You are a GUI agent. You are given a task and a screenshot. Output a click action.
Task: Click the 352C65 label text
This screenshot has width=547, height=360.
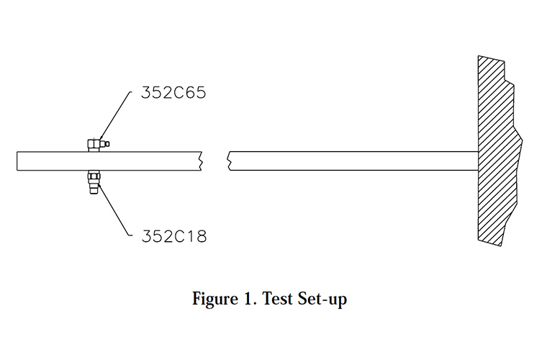(173, 93)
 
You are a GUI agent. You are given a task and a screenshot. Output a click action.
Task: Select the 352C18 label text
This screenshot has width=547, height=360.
(174, 236)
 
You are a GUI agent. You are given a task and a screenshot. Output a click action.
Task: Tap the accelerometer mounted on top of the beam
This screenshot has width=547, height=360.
(99, 145)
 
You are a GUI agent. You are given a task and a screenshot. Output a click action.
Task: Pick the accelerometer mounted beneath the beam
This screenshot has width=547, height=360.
(94, 182)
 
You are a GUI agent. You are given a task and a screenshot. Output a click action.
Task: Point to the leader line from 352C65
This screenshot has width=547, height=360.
(115, 115)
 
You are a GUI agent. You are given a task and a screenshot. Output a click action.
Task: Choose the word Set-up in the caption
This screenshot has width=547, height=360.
(322, 300)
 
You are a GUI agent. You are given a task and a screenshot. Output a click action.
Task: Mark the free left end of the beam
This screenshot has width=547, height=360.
(17, 161)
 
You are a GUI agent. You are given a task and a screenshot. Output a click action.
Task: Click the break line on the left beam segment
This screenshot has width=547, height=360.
(201, 161)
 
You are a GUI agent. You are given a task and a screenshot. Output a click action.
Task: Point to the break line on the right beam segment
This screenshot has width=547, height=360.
(229, 161)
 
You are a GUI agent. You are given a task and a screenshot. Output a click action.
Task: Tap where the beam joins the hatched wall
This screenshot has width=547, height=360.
(478, 161)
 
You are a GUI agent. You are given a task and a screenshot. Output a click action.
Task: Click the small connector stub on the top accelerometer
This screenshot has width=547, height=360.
(107, 143)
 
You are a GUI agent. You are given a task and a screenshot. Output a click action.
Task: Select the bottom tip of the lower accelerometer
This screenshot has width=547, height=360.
(93, 194)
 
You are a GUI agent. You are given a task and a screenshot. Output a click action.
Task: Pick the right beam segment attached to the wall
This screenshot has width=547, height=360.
(353, 161)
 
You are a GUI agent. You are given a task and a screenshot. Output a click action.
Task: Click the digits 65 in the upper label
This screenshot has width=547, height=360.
(194, 93)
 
